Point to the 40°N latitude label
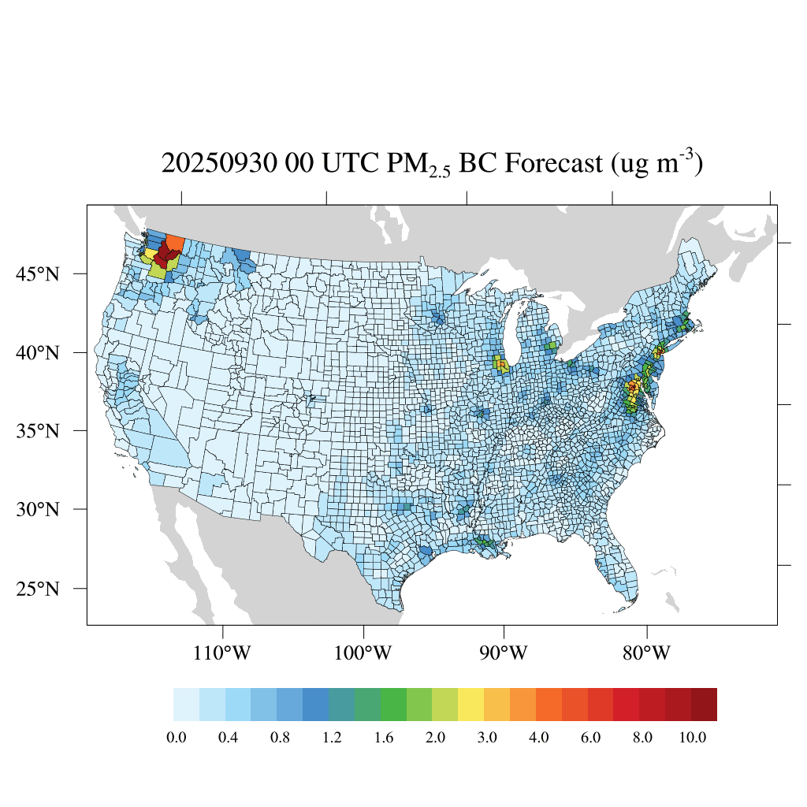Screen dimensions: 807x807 pos(38,352)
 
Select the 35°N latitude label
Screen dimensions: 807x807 pos(38,431)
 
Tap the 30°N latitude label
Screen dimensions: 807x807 pos(38,509)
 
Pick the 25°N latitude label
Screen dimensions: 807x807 pos(38,589)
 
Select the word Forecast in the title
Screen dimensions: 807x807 pos(551,164)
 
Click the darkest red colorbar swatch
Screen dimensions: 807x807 pos(704,705)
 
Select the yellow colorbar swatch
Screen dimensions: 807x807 pos(471,705)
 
